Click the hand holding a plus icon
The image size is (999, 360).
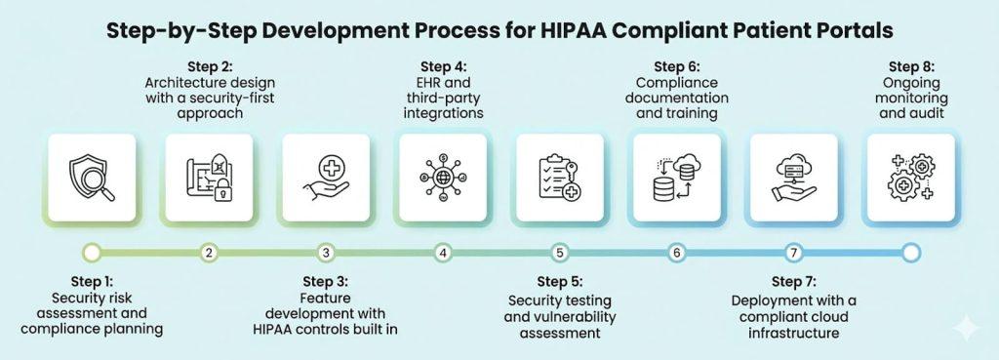click(326, 177)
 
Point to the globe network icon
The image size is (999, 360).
click(443, 177)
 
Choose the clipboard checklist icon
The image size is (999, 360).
click(560, 177)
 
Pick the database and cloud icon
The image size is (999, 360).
click(677, 177)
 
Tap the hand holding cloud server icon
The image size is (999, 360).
click(794, 177)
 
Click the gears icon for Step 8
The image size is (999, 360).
click(911, 177)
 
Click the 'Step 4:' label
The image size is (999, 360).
click(443, 66)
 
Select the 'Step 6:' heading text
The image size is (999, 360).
click(677, 66)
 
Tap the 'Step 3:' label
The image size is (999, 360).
click(326, 281)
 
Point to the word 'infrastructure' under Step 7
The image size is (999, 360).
click(794, 333)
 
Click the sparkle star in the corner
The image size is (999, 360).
click(966, 328)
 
